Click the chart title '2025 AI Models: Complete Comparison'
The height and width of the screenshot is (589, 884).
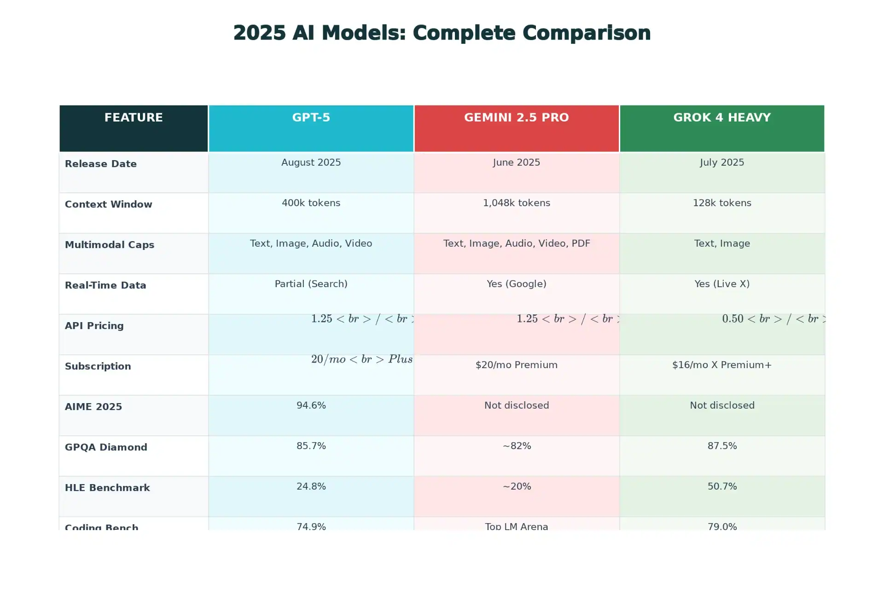[442, 33]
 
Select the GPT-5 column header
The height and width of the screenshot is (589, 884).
[311, 118]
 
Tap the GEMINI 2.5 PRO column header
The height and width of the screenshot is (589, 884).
[516, 118]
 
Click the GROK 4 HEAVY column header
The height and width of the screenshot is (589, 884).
[721, 118]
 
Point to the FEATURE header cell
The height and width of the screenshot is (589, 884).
[134, 118]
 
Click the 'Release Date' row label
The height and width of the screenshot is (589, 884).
[101, 164]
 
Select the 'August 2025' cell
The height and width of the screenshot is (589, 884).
[311, 163]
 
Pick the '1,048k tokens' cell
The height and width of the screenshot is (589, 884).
[516, 203]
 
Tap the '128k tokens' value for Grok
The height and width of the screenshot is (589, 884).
[721, 203]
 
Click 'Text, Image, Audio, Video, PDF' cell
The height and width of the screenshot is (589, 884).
[516, 244]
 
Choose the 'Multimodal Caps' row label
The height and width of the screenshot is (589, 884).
[110, 245]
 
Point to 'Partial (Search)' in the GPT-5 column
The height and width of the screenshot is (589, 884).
[311, 284]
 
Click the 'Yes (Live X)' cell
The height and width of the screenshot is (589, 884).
[721, 284]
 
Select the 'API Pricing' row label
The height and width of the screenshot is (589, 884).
[94, 326]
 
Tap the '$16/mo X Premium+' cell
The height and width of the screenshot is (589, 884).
[721, 365]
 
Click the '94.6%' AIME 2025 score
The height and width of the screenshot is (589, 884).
[311, 406]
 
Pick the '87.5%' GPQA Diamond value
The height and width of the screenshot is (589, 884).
[721, 446]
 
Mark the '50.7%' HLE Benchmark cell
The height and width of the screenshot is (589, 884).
[721, 487]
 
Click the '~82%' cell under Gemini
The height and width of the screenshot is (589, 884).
[516, 446]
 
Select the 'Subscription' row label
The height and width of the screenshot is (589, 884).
[98, 367]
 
